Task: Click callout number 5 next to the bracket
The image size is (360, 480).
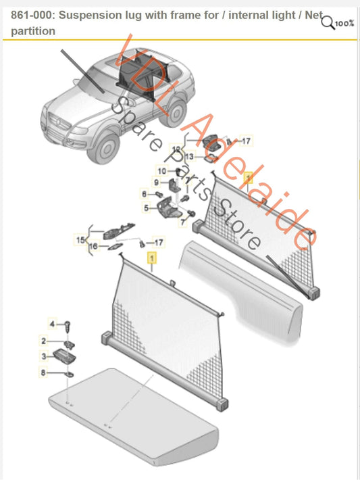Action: (144, 209)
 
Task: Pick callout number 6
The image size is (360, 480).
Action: (143, 193)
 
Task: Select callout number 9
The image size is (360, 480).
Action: (155, 183)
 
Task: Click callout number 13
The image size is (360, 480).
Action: (190, 157)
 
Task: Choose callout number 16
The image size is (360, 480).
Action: (94, 248)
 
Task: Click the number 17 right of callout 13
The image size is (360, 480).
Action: (246, 141)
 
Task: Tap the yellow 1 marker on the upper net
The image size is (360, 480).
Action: (247, 178)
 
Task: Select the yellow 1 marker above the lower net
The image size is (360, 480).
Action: (151, 258)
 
